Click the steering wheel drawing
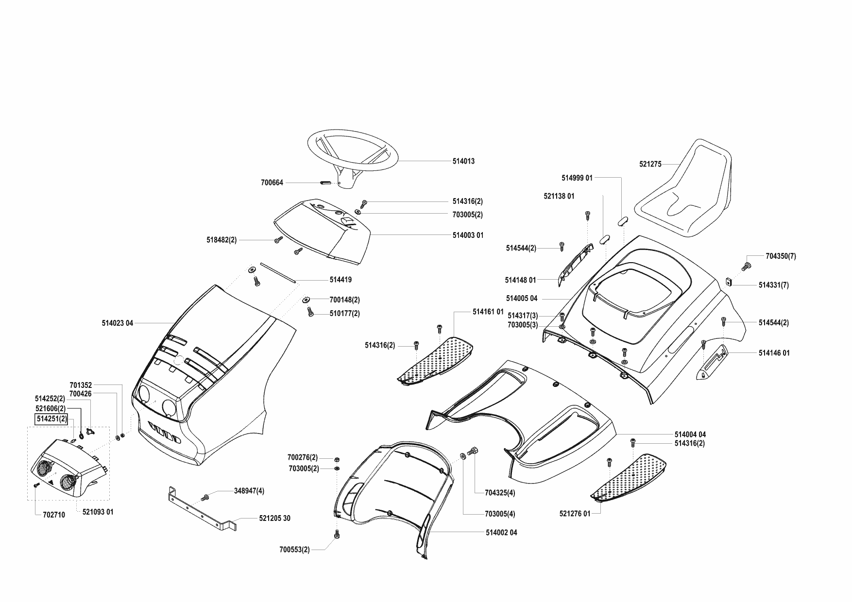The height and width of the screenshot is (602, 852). [353, 151]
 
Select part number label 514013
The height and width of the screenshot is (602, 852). [463, 161]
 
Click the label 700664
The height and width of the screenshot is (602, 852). [272, 183]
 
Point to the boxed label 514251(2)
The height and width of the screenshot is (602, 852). [51, 419]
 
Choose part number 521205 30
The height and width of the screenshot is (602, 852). [274, 518]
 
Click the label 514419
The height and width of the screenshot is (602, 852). [341, 280]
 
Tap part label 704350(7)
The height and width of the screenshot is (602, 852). [781, 256]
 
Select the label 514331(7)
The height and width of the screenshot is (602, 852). [773, 285]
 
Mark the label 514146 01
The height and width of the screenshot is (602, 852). [774, 353]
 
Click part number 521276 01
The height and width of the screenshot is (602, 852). [575, 513]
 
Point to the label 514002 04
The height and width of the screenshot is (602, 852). [501, 533]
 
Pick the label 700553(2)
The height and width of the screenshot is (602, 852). [294, 550]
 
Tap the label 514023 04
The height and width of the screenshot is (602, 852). [118, 323]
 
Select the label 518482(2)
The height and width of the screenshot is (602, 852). [222, 240]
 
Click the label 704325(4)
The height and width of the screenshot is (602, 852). [500, 493]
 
